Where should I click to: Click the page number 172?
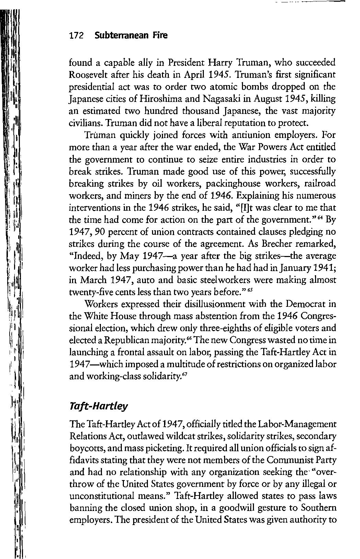[x=77, y=36]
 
